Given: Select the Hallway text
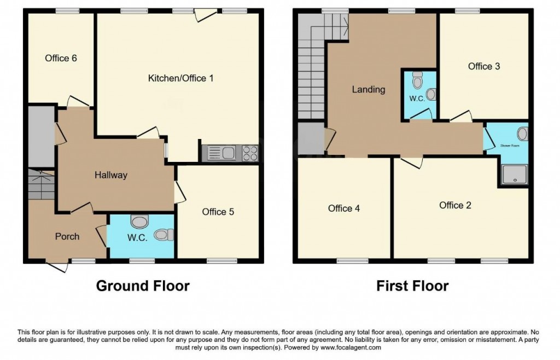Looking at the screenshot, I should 110,175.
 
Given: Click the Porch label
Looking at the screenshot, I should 67,236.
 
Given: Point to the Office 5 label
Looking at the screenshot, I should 218,211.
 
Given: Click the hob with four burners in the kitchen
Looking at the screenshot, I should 250,153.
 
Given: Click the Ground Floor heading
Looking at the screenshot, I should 143,286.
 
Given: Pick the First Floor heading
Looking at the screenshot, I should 412,286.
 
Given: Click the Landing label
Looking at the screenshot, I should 368,89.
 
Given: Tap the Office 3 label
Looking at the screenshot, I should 483,66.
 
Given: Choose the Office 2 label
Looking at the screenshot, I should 455,205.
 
